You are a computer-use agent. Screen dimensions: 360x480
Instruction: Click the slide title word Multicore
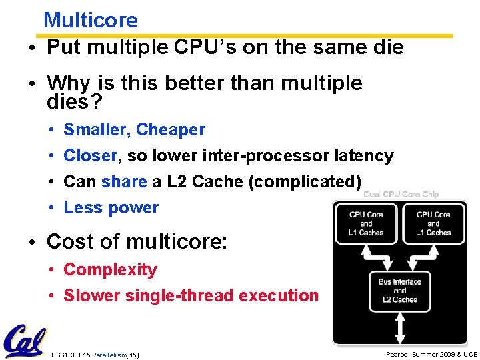(x=90, y=20)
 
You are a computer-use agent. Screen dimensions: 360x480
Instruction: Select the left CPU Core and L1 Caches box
(x=366, y=223)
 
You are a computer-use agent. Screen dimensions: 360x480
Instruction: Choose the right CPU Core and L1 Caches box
(x=433, y=223)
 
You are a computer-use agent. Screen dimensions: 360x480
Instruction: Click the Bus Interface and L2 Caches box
(x=400, y=291)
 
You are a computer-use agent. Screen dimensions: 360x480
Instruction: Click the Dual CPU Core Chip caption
(x=401, y=195)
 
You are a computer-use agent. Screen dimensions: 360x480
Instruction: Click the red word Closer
(x=90, y=155)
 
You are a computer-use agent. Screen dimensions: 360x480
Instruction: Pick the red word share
(x=124, y=181)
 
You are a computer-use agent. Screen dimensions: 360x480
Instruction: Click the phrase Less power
(x=111, y=207)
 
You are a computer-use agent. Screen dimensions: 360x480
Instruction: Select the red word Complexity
(x=110, y=269)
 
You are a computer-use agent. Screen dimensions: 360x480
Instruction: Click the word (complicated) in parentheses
(x=305, y=181)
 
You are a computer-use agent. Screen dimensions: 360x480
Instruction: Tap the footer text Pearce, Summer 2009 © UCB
(x=431, y=354)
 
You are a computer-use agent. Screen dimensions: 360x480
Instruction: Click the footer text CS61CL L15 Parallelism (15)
(x=95, y=355)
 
